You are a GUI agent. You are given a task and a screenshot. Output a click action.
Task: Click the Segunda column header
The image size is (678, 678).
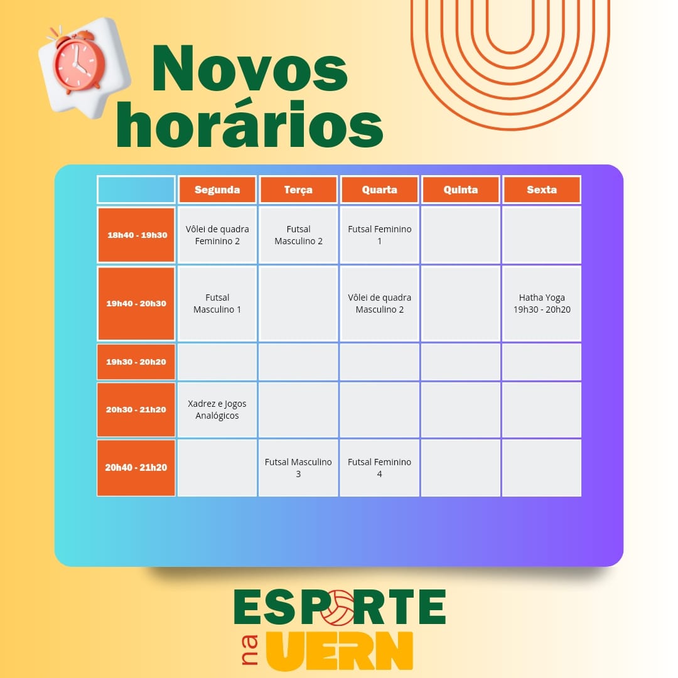(217, 190)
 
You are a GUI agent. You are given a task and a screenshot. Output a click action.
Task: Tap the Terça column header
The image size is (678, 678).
(298, 190)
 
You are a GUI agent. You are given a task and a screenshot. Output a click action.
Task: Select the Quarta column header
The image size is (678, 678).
(380, 190)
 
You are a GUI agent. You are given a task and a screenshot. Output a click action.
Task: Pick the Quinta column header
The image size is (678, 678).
(461, 190)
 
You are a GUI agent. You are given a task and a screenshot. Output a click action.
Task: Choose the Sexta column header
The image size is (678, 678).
(542, 190)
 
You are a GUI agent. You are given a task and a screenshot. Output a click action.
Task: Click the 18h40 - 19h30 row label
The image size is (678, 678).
(136, 235)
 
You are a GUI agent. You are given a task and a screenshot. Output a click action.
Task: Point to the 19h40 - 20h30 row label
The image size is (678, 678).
(136, 304)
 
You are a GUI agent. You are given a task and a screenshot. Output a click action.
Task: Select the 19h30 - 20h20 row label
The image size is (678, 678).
(136, 362)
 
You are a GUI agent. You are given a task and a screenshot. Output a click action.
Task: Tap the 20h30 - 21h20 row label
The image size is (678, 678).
(136, 409)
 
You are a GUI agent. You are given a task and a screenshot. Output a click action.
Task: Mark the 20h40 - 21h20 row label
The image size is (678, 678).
(136, 468)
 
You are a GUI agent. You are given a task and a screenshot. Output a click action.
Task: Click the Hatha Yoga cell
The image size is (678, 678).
(542, 304)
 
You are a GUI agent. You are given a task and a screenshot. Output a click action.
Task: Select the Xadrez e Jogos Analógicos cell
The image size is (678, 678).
(217, 409)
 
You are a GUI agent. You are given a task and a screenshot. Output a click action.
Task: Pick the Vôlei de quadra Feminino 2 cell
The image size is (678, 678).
(217, 235)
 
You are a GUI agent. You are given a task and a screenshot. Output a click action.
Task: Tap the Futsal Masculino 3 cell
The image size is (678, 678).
(298, 468)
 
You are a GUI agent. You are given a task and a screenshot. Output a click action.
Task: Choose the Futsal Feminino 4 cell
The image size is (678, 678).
(380, 468)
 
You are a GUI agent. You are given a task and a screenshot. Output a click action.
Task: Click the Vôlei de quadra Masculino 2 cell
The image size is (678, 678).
(380, 304)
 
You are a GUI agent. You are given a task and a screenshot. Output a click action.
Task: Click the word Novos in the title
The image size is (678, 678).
(250, 68)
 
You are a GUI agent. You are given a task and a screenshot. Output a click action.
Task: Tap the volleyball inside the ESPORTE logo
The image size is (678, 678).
(337, 608)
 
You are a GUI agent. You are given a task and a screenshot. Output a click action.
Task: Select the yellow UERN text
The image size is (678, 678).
(340, 650)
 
